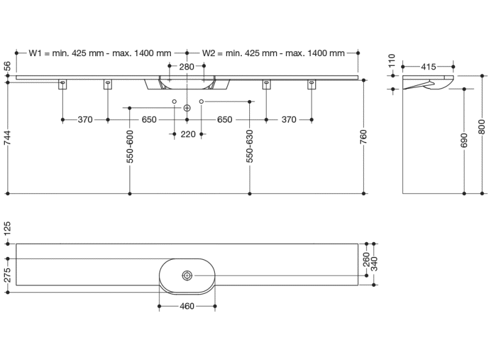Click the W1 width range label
[x=100, y=53]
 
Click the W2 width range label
[x=274, y=53]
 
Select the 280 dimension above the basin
[x=186, y=66]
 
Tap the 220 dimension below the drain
[x=188, y=134]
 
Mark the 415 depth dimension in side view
[x=429, y=66]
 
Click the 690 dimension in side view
[x=465, y=142]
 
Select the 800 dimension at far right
[x=482, y=125]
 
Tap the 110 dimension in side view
[x=392, y=62]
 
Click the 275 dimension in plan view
[x=8, y=275]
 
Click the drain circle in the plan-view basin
[x=186, y=276]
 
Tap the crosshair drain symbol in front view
[x=187, y=108]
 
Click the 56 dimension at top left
[x=8, y=67]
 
